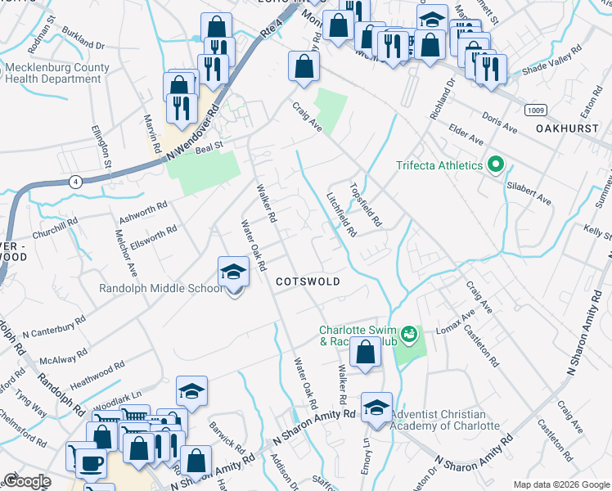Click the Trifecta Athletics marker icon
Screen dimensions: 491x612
494,165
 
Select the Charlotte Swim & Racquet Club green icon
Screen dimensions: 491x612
409,334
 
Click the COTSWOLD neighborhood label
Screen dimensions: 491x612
307,281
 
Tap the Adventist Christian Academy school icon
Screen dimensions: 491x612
376,408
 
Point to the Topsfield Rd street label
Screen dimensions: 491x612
366,204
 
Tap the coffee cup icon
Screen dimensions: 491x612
90,463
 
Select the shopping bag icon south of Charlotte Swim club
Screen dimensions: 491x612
365,353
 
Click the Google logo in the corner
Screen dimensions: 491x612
26,481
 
